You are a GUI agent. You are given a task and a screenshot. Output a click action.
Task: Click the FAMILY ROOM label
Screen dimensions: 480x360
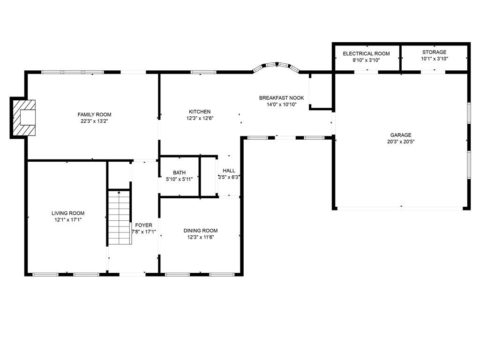click(x=94, y=114)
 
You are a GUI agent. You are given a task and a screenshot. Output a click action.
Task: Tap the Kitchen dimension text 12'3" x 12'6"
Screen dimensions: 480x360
click(x=200, y=118)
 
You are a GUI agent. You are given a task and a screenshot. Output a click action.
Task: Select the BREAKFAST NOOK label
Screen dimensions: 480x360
click(x=281, y=98)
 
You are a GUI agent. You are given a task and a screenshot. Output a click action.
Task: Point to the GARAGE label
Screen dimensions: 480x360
click(x=401, y=135)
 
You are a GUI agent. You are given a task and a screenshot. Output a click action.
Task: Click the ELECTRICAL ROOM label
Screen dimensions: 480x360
click(x=366, y=53)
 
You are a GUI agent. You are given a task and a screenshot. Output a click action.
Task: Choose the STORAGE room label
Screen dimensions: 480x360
click(x=434, y=52)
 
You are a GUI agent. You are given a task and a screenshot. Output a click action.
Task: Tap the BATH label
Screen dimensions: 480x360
click(x=179, y=172)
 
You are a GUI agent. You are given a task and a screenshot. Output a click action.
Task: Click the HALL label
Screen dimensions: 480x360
click(x=229, y=171)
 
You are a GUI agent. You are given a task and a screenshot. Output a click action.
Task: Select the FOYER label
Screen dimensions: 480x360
click(x=143, y=225)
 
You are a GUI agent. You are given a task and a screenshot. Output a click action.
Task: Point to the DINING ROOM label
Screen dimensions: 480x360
click(x=201, y=231)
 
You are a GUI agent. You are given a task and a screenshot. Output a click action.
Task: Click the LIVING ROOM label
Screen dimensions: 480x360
click(x=68, y=213)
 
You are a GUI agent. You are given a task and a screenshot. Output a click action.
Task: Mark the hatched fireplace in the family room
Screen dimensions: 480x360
click(x=24, y=118)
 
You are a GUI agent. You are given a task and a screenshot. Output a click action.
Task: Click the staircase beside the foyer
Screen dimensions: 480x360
click(x=120, y=217)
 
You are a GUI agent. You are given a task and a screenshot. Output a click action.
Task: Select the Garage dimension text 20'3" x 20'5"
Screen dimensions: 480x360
click(x=401, y=142)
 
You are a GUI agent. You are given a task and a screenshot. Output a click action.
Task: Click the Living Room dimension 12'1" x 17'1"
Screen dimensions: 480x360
click(x=68, y=219)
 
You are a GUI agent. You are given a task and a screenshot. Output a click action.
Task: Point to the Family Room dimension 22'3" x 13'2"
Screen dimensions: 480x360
click(x=94, y=121)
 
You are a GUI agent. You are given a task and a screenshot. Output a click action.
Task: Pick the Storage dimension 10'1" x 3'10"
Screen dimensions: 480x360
click(x=435, y=59)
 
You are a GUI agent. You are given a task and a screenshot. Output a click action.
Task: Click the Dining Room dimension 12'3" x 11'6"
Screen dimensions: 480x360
click(x=201, y=237)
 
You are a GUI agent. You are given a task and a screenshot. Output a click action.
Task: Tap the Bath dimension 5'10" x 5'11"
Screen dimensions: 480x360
click(x=179, y=179)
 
